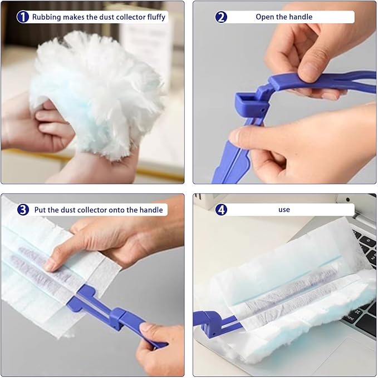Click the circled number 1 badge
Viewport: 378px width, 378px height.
click(x=23, y=17)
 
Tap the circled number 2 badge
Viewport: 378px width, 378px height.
click(x=221, y=17)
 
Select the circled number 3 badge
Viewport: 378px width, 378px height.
click(x=23, y=210)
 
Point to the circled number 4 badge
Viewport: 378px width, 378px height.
click(x=221, y=210)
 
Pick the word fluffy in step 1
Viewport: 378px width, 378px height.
click(x=156, y=17)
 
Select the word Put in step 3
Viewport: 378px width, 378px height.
click(x=40, y=210)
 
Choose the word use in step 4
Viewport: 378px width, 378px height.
click(x=284, y=210)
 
